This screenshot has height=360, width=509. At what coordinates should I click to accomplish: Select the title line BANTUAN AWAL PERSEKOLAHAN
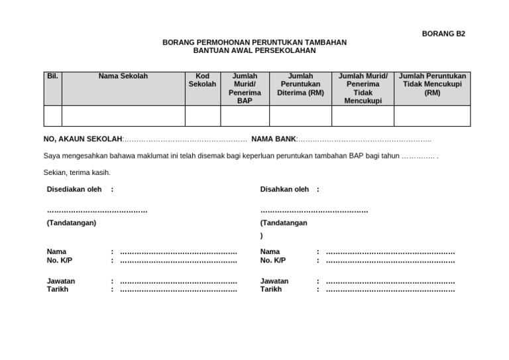click(x=254, y=50)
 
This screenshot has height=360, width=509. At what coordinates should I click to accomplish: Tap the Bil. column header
click(x=52, y=76)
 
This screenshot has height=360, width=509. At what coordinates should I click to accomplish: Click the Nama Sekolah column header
click(x=123, y=76)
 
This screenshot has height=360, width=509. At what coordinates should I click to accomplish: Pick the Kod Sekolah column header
click(x=202, y=80)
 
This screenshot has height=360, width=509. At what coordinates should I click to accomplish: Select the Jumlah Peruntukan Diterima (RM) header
click(x=300, y=84)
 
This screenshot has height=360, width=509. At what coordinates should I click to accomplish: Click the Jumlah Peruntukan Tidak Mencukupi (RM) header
click(x=432, y=84)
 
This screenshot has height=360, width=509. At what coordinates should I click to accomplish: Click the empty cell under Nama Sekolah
click(x=123, y=116)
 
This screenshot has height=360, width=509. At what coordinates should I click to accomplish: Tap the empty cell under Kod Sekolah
click(x=202, y=116)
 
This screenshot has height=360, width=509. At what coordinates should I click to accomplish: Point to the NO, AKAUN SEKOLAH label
click(x=83, y=139)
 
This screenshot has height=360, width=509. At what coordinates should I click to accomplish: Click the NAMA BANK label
click(x=273, y=139)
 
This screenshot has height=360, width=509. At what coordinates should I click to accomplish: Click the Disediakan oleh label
click(x=74, y=190)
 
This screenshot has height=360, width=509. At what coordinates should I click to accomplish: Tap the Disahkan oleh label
click(x=285, y=190)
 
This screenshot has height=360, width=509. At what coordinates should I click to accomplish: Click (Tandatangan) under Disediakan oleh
click(x=72, y=223)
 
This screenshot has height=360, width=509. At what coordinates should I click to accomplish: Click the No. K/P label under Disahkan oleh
click(x=273, y=261)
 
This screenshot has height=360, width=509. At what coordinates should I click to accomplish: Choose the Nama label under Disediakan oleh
click(x=56, y=252)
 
